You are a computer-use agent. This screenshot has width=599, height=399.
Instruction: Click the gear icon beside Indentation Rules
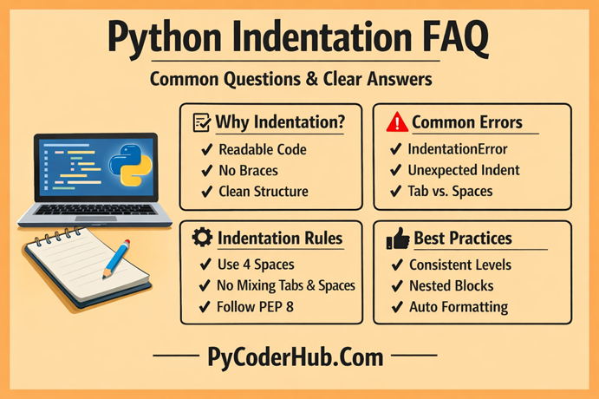coord(200,238)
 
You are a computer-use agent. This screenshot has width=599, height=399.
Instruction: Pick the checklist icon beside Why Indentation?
coord(199,122)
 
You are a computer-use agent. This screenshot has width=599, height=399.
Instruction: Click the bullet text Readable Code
coord(263,149)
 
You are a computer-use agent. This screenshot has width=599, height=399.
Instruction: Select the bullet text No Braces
coord(252,170)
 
